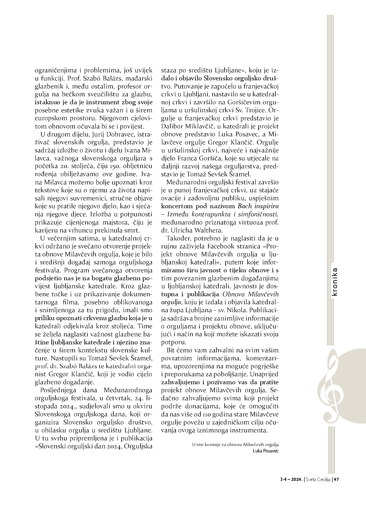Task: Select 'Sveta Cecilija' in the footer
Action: point(318,480)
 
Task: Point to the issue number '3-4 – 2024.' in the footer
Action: point(291,480)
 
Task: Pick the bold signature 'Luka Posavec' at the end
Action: point(266,451)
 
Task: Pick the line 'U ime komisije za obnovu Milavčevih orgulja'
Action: point(235,444)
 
